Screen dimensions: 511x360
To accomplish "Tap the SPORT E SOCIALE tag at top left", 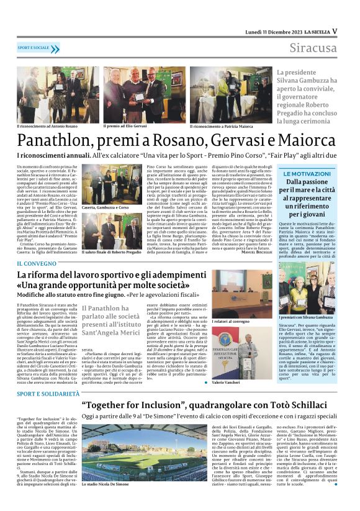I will pyautogui.click(x=34, y=47).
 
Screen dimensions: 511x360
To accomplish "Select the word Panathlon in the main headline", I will pyautogui.click(x=55, y=138).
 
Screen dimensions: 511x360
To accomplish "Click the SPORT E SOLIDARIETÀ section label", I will pyautogui.click(x=47, y=394).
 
